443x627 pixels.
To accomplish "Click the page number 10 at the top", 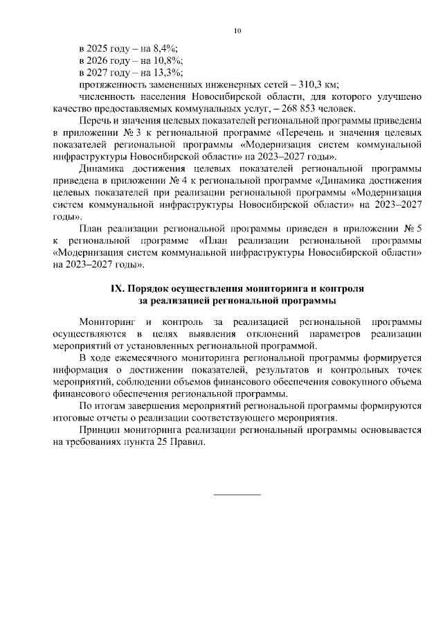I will click(237, 30).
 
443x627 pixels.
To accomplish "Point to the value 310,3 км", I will click(315, 84).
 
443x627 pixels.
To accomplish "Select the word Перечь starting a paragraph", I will click(96, 121).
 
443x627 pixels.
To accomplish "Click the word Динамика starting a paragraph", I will click(102, 168).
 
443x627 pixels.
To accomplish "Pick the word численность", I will click(109, 96).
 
